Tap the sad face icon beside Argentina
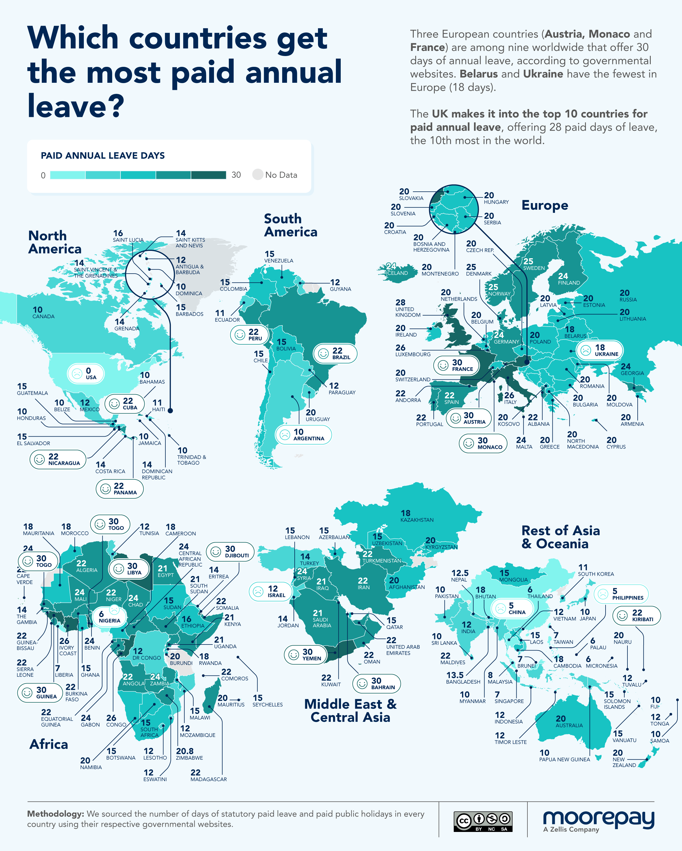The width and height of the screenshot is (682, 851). pyautogui.click(x=284, y=435)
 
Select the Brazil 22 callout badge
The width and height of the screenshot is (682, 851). pyautogui.click(x=335, y=353)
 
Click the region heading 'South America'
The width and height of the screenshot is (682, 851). pyautogui.click(x=290, y=225)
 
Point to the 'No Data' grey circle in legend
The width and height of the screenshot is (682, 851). pyautogui.click(x=257, y=174)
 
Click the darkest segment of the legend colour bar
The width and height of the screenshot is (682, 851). pyautogui.click(x=209, y=175)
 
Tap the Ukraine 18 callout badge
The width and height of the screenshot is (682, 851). pyautogui.click(x=600, y=350)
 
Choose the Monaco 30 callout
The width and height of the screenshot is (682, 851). pyautogui.click(x=483, y=443)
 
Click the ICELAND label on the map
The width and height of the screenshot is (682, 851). pyautogui.click(x=396, y=273)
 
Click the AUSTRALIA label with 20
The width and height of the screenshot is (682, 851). pyautogui.click(x=569, y=722)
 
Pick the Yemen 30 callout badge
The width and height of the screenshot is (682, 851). pyautogui.click(x=305, y=654)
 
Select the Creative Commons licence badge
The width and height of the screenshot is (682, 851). pyautogui.click(x=483, y=821)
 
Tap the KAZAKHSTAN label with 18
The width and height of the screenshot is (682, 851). pyautogui.click(x=417, y=516)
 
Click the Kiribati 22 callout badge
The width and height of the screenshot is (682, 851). pyautogui.click(x=636, y=615)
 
